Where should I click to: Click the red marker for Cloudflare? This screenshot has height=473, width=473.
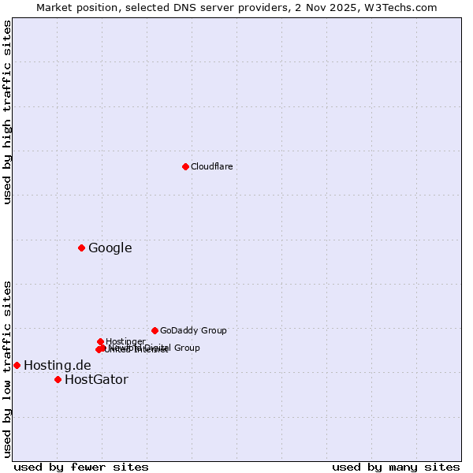coord(185,166)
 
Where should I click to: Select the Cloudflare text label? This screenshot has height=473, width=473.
coord(211,166)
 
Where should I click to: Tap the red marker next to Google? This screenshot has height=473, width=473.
coord(81,248)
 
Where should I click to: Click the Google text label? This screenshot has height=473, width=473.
coord(110,248)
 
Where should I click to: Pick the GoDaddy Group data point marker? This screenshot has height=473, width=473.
coord(155,330)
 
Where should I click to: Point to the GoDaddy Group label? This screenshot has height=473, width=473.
coord(193,330)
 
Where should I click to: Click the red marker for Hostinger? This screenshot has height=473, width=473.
coord(100,341)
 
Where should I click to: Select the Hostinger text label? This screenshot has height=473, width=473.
coord(125,341)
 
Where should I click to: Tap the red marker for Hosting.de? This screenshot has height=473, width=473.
coord(17,365)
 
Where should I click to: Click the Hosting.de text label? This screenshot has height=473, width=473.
coord(57,366)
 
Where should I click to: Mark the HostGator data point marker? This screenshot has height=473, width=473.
coord(58,379)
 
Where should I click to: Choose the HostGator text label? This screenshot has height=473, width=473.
coord(96,380)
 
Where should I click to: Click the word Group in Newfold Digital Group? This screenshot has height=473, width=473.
coord(186,348)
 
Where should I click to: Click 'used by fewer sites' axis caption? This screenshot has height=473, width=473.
coord(81,467)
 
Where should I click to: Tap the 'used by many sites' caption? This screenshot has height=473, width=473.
coord(396,467)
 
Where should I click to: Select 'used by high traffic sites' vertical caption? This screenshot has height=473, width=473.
coord(7,112)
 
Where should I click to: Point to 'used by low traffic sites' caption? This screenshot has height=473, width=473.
coord(7,368)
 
